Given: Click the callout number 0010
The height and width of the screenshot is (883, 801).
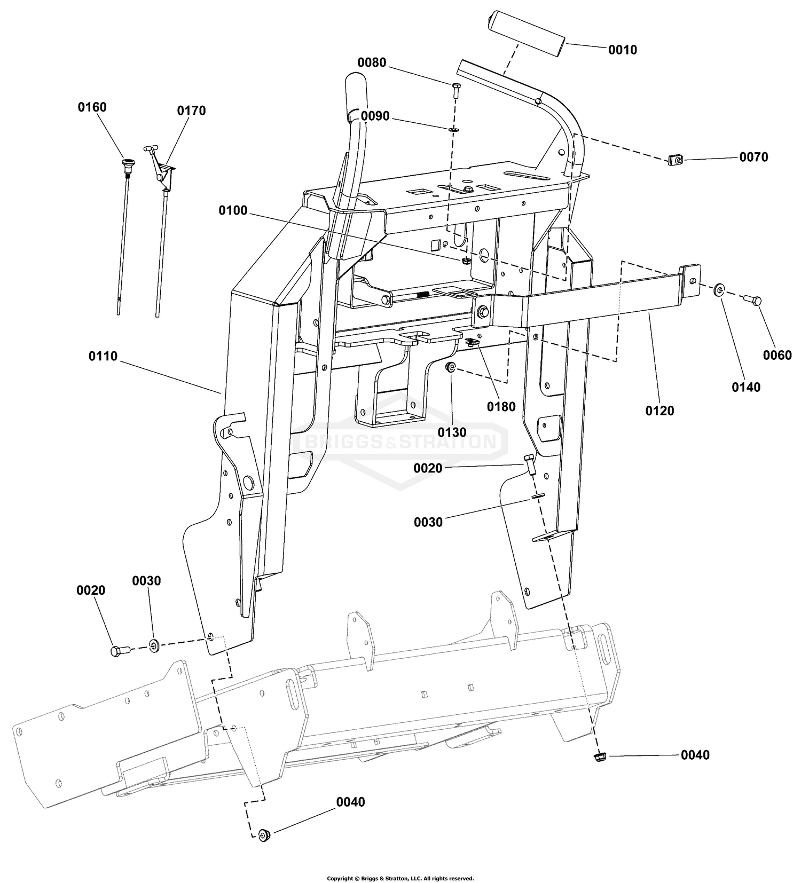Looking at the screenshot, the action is (x=623, y=50).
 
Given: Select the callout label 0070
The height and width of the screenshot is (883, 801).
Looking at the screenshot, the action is (x=753, y=157).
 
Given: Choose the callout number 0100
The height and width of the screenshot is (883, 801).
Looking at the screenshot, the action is (x=233, y=210).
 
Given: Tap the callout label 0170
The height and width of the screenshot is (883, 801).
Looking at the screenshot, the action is (x=191, y=111).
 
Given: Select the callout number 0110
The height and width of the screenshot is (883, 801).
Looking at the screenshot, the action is (x=103, y=356).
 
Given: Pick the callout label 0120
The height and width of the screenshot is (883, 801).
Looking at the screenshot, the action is (x=659, y=411).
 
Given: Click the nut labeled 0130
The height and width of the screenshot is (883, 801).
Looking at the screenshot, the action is (x=451, y=367).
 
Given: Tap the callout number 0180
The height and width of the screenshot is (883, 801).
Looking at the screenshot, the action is (x=501, y=407).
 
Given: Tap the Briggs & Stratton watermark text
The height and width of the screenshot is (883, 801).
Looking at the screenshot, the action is (x=400, y=442).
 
